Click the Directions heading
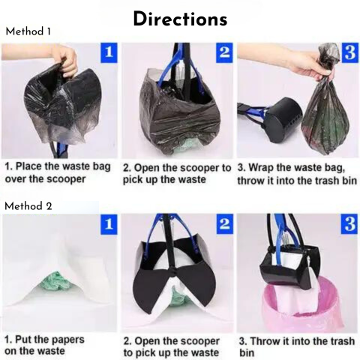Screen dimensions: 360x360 click(180, 19)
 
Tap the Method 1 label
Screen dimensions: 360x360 click(28, 31)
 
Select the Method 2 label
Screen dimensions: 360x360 click(28, 206)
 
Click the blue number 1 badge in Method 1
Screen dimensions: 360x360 click(109, 52)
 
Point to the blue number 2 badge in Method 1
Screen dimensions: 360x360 click(224, 52)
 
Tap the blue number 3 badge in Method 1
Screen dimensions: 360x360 click(349, 52)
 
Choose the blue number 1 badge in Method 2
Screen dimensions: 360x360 click(109, 224)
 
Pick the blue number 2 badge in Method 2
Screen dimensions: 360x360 click(224, 224)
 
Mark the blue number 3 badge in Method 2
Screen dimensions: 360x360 click(349, 224)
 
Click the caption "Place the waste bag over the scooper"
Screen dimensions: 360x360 click(58, 172)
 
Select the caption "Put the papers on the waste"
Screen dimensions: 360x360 click(44, 345)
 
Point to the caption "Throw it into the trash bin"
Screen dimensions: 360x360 click(297, 347)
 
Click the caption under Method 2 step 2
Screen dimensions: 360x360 click(172, 347)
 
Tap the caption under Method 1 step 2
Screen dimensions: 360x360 click(177, 174)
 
